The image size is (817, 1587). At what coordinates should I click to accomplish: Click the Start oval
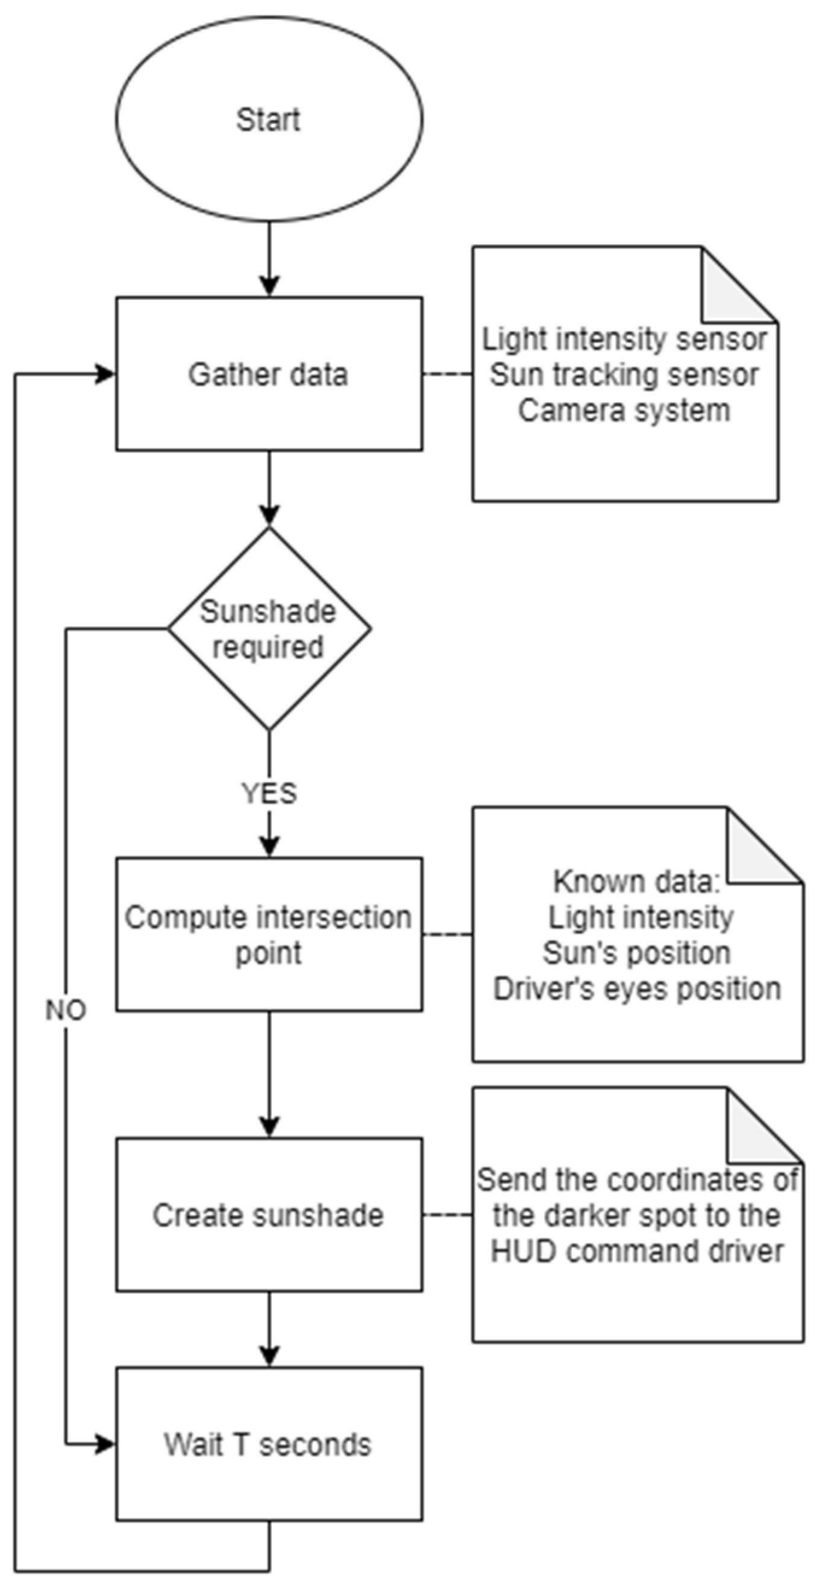click(269, 119)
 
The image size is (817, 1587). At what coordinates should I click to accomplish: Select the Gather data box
click(269, 374)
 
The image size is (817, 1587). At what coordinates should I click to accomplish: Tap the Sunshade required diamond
click(269, 629)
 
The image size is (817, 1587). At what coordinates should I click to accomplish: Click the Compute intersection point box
click(269, 934)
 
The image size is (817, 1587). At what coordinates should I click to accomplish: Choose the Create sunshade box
click(269, 1215)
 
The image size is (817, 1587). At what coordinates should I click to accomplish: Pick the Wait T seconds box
click(269, 1445)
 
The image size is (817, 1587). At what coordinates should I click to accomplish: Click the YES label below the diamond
click(269, 793)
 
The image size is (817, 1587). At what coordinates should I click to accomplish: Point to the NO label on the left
click(66, 1011)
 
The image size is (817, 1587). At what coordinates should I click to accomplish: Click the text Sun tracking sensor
click(624, 374)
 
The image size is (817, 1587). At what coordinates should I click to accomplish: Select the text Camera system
click(624, 410)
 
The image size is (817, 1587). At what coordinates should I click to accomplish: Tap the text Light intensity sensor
click(624, 339)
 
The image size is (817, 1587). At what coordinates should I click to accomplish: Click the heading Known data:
click(637, 882)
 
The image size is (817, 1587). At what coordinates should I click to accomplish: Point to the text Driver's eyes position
click(637, 989)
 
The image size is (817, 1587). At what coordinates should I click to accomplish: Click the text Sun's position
click(637, 953)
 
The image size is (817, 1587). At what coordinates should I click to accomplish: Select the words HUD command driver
click(637, 1251)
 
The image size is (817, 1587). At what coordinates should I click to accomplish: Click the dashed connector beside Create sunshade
click(448, 1216)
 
